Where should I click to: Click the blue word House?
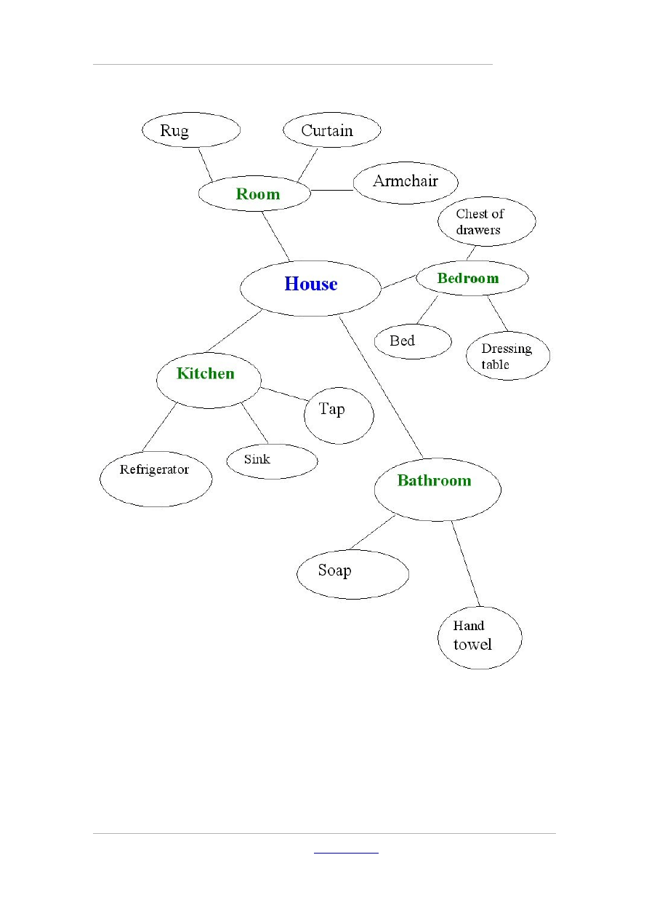(x=311, y=284)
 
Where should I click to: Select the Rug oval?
(x=190, y=130)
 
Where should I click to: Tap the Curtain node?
(x=331, y=130)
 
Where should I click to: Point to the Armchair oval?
(x=406, y=182)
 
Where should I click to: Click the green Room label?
(x=257, y=194)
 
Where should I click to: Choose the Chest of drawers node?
(x=486, y=222)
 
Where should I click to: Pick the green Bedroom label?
(x=468, y=278)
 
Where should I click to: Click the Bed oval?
(x=413, y=341)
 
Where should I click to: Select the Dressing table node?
(x=507, y=356)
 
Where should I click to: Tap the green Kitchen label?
(x=206, y=373)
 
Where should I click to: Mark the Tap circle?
(x=339, y=415)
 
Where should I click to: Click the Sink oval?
(x=272, y=461)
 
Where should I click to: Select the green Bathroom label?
(x=434, y=480)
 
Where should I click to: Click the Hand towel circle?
(x=480, y=637)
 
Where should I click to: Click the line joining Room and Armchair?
(x=332, y=191)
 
